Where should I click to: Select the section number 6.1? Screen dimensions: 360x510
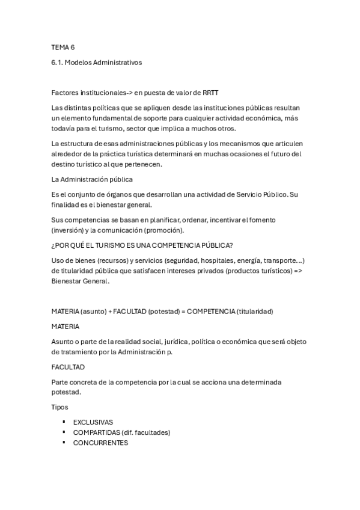coord(58,61)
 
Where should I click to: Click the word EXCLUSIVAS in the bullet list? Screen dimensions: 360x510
coord(93,422)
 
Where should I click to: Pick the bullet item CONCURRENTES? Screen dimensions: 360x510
coord(100,443)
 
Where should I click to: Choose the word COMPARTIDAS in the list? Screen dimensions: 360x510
coord(96,432)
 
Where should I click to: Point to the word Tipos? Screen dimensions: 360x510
coord(60,407)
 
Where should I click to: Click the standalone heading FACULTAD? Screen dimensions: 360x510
coord(69,366)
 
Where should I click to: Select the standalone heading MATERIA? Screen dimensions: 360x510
coord(66,327)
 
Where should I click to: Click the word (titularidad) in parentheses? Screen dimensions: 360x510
coord(255,312)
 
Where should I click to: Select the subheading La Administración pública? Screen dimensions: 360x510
coord(93,179)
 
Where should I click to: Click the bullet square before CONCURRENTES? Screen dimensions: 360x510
coord(64,443)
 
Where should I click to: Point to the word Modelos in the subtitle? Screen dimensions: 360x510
coord(85,61)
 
